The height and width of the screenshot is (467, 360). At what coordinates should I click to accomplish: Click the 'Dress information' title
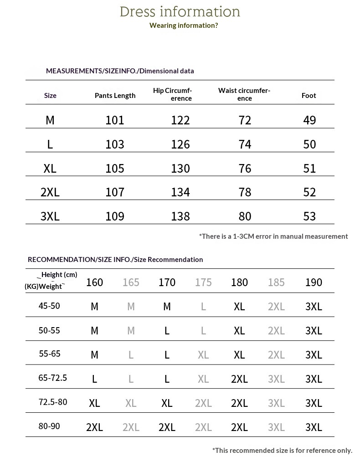[180, 12]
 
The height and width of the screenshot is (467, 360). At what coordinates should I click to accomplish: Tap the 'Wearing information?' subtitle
[184, 26]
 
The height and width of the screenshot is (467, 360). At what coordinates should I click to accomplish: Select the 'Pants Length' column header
[115, 95]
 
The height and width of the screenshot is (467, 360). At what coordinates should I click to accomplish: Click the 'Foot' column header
[309, 95]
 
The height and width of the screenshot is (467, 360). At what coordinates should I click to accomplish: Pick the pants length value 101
[115, 120]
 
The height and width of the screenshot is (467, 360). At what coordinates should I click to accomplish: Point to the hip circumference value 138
[180, 216]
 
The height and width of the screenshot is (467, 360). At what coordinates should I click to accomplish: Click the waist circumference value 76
[245, 168]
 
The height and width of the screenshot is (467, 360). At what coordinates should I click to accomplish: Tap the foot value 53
[309, 216]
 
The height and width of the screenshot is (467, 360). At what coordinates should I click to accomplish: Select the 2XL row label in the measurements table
[50, 192]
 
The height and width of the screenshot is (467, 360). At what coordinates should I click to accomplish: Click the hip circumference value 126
[180, 144]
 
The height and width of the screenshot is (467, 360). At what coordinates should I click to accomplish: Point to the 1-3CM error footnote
[273, 236]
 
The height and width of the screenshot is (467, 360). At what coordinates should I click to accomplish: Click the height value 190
[314, 282]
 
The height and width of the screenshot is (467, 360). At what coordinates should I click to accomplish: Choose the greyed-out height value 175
[203, 282]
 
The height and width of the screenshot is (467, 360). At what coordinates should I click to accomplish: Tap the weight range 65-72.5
[52, 378]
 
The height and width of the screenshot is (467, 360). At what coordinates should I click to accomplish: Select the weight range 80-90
[49, 426]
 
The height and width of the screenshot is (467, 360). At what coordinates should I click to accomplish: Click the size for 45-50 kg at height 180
[239, 307]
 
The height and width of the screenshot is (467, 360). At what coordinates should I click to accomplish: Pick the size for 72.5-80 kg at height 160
[94, 403]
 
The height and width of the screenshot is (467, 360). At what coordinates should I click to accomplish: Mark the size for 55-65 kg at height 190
[314, 355]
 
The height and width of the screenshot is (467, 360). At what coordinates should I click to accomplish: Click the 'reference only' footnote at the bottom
[282, 450]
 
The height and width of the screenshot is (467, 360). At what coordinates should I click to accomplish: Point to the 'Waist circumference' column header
[244, 94]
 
